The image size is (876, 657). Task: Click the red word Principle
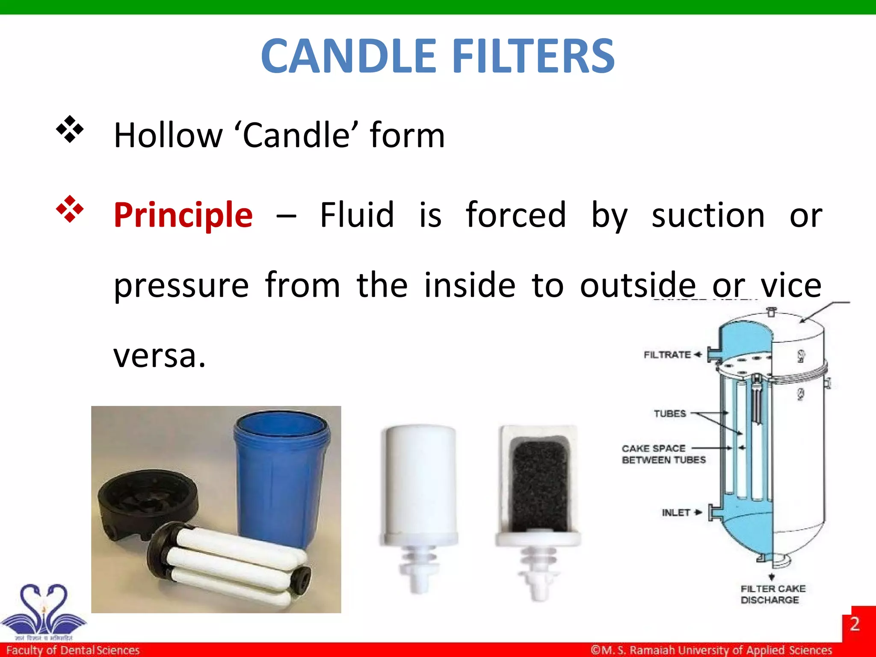click(183, 215)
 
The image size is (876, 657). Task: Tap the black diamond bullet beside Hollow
click(70, 129)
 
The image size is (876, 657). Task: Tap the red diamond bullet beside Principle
click(70, 209)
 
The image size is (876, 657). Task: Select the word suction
click(708, 215)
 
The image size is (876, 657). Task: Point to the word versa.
click(159, 356)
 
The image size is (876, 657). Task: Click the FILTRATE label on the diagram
click(667, 355)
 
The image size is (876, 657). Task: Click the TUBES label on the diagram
click(669, 414)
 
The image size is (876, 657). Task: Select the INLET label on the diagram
click(676, 512)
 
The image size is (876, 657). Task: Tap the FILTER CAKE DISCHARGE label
click(772, 594)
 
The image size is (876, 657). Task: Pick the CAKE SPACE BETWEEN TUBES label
click(663, 454)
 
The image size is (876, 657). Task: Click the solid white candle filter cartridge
click(419, 483)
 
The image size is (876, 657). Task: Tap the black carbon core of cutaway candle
click(540, 483)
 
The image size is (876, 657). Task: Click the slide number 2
click(854, 624)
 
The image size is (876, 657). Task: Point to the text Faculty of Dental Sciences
click(73, 650)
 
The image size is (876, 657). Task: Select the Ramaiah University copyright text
click(711, 650)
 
